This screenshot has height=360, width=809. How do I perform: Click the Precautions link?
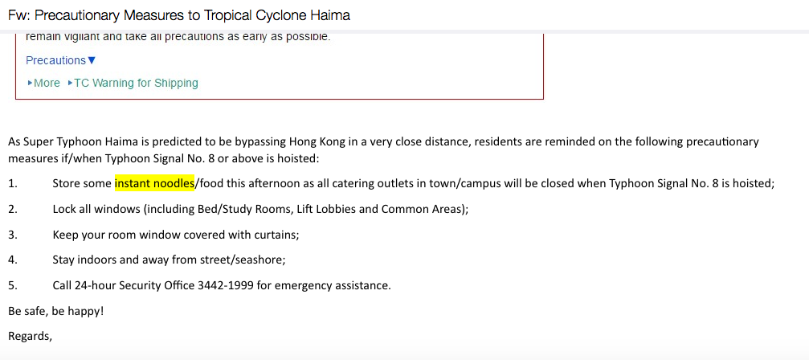click(x=55, y=60)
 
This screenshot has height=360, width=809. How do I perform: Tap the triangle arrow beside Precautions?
click(x=92, y=60)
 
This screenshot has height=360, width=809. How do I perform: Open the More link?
click(x=47, y=83)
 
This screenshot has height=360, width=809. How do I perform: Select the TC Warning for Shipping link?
click(x=136, y=83)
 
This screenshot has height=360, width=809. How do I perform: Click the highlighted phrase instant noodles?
click(x=154, y=183)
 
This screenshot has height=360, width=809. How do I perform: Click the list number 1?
click(x=12, y=183)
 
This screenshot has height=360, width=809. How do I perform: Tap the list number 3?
click(x=12, y=235)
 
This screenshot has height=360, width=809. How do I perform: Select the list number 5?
click(x=12, y=285)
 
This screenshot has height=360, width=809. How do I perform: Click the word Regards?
click(x=30, y=335)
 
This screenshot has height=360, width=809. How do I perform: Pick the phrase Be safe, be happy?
click(x=55, y=310)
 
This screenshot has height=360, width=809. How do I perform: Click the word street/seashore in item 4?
click(x=244, y=260)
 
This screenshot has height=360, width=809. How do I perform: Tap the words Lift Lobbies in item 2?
click(x=325, y=209)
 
